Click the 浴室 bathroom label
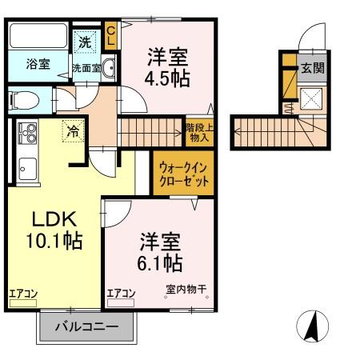(x=38, y=65)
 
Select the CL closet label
(x=111, y=35)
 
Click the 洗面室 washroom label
(x=86, y=68)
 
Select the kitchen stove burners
(x=27, y=130)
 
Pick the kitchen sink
(x=26, y=169)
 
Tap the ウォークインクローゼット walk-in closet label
(x=184, y=173)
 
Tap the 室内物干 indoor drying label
(x=186, y=290)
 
